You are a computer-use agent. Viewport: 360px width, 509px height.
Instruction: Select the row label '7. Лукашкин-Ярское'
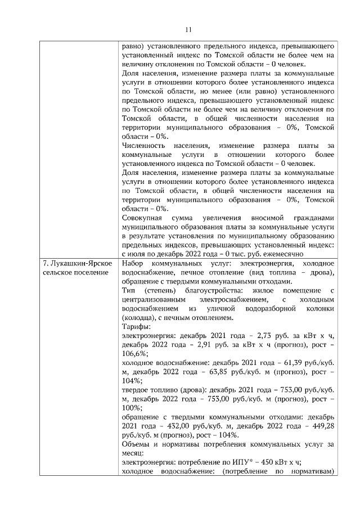76,264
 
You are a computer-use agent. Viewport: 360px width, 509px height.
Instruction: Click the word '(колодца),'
140,318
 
